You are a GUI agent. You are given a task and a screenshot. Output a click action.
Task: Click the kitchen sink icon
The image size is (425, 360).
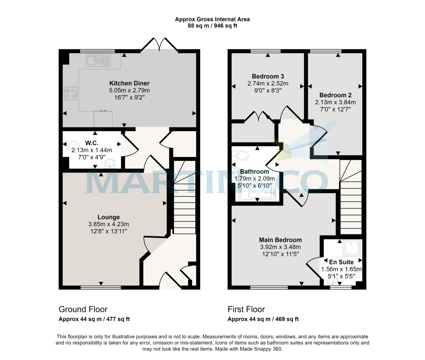(x=98, y=61)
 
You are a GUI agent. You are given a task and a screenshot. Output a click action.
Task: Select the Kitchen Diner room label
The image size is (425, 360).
(x=129, y=84)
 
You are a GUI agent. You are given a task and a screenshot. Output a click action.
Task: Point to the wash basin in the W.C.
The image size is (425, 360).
(x=110, y=164)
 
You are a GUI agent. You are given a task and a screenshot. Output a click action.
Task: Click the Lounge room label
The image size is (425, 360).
(x=109, y=217)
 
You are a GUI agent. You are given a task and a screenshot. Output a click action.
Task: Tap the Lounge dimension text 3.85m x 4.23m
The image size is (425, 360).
(x=109, y=224)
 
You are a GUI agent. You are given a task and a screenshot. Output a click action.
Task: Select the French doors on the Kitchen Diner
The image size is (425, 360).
(x=159, y=45)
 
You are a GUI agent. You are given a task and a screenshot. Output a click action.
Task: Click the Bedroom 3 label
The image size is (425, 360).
(x=268, y=76)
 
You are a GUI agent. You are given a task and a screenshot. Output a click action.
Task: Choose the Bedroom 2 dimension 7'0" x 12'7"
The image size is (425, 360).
(x=335, y=109)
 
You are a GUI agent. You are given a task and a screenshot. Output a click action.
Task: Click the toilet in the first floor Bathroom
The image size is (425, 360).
(x=241, y=155)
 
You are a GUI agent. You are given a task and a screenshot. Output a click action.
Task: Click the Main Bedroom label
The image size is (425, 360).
(x=280, y=240)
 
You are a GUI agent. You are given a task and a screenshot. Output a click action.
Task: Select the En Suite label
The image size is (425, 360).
(x=341, y=262)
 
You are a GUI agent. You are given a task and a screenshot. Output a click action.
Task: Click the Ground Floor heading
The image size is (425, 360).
(x=83, y=309)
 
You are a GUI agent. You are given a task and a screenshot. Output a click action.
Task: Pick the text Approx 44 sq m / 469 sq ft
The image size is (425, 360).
(x=263, y=319)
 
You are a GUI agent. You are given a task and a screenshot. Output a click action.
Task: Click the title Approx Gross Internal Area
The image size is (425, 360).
(x=212, y=19)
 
